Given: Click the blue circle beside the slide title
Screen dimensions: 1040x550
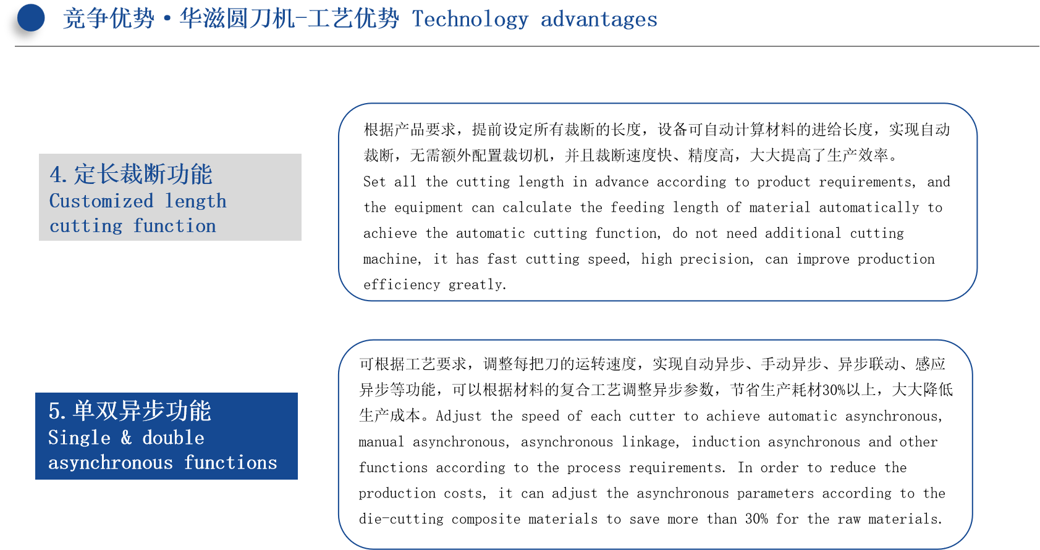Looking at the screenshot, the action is (31, 18).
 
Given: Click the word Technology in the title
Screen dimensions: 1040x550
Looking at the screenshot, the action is (470, 20).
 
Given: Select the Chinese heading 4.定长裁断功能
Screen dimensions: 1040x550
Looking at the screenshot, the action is (131, 174).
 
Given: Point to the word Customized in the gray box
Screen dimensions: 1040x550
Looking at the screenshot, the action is (101, 201).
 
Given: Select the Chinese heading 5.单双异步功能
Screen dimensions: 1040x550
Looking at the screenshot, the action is (130, 411).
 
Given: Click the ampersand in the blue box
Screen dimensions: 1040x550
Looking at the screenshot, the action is (126, 438).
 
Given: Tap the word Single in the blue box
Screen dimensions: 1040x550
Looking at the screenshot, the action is (79, 438).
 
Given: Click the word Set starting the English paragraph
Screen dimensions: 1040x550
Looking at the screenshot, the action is (374, 181).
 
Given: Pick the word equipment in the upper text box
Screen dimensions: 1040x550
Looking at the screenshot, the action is (428, 208).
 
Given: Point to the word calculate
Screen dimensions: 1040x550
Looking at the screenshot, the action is (537, 207).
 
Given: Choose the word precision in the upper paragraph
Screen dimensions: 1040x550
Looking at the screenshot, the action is (716, 259).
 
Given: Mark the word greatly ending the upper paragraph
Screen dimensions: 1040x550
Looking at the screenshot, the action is (477, 285).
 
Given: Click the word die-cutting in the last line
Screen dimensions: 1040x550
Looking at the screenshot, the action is (401, 519).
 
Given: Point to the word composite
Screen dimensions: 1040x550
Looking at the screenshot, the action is (486, 519).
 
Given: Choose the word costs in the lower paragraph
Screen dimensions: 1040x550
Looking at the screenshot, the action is (465, 493).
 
